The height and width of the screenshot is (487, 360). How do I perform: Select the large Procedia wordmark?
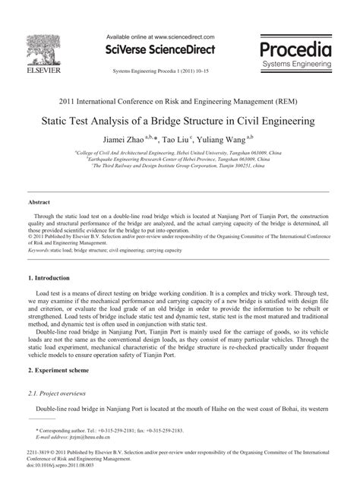(295, 51)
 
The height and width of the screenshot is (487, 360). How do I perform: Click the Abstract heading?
(40, 203)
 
